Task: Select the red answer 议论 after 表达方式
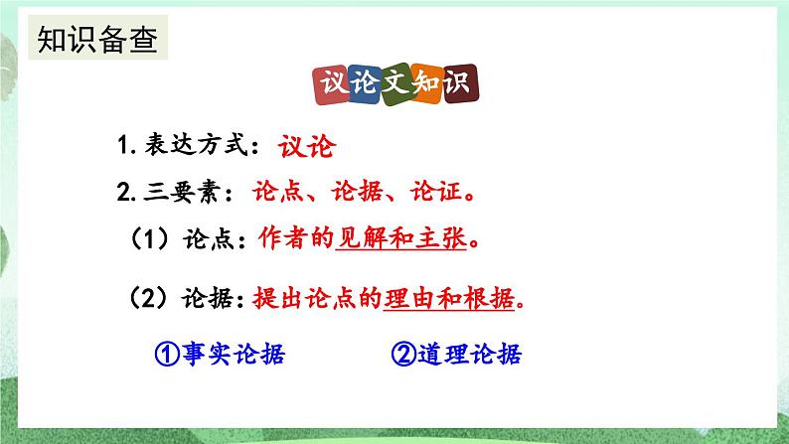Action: (x=304, y=147)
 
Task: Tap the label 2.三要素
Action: (x=169, y=192)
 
